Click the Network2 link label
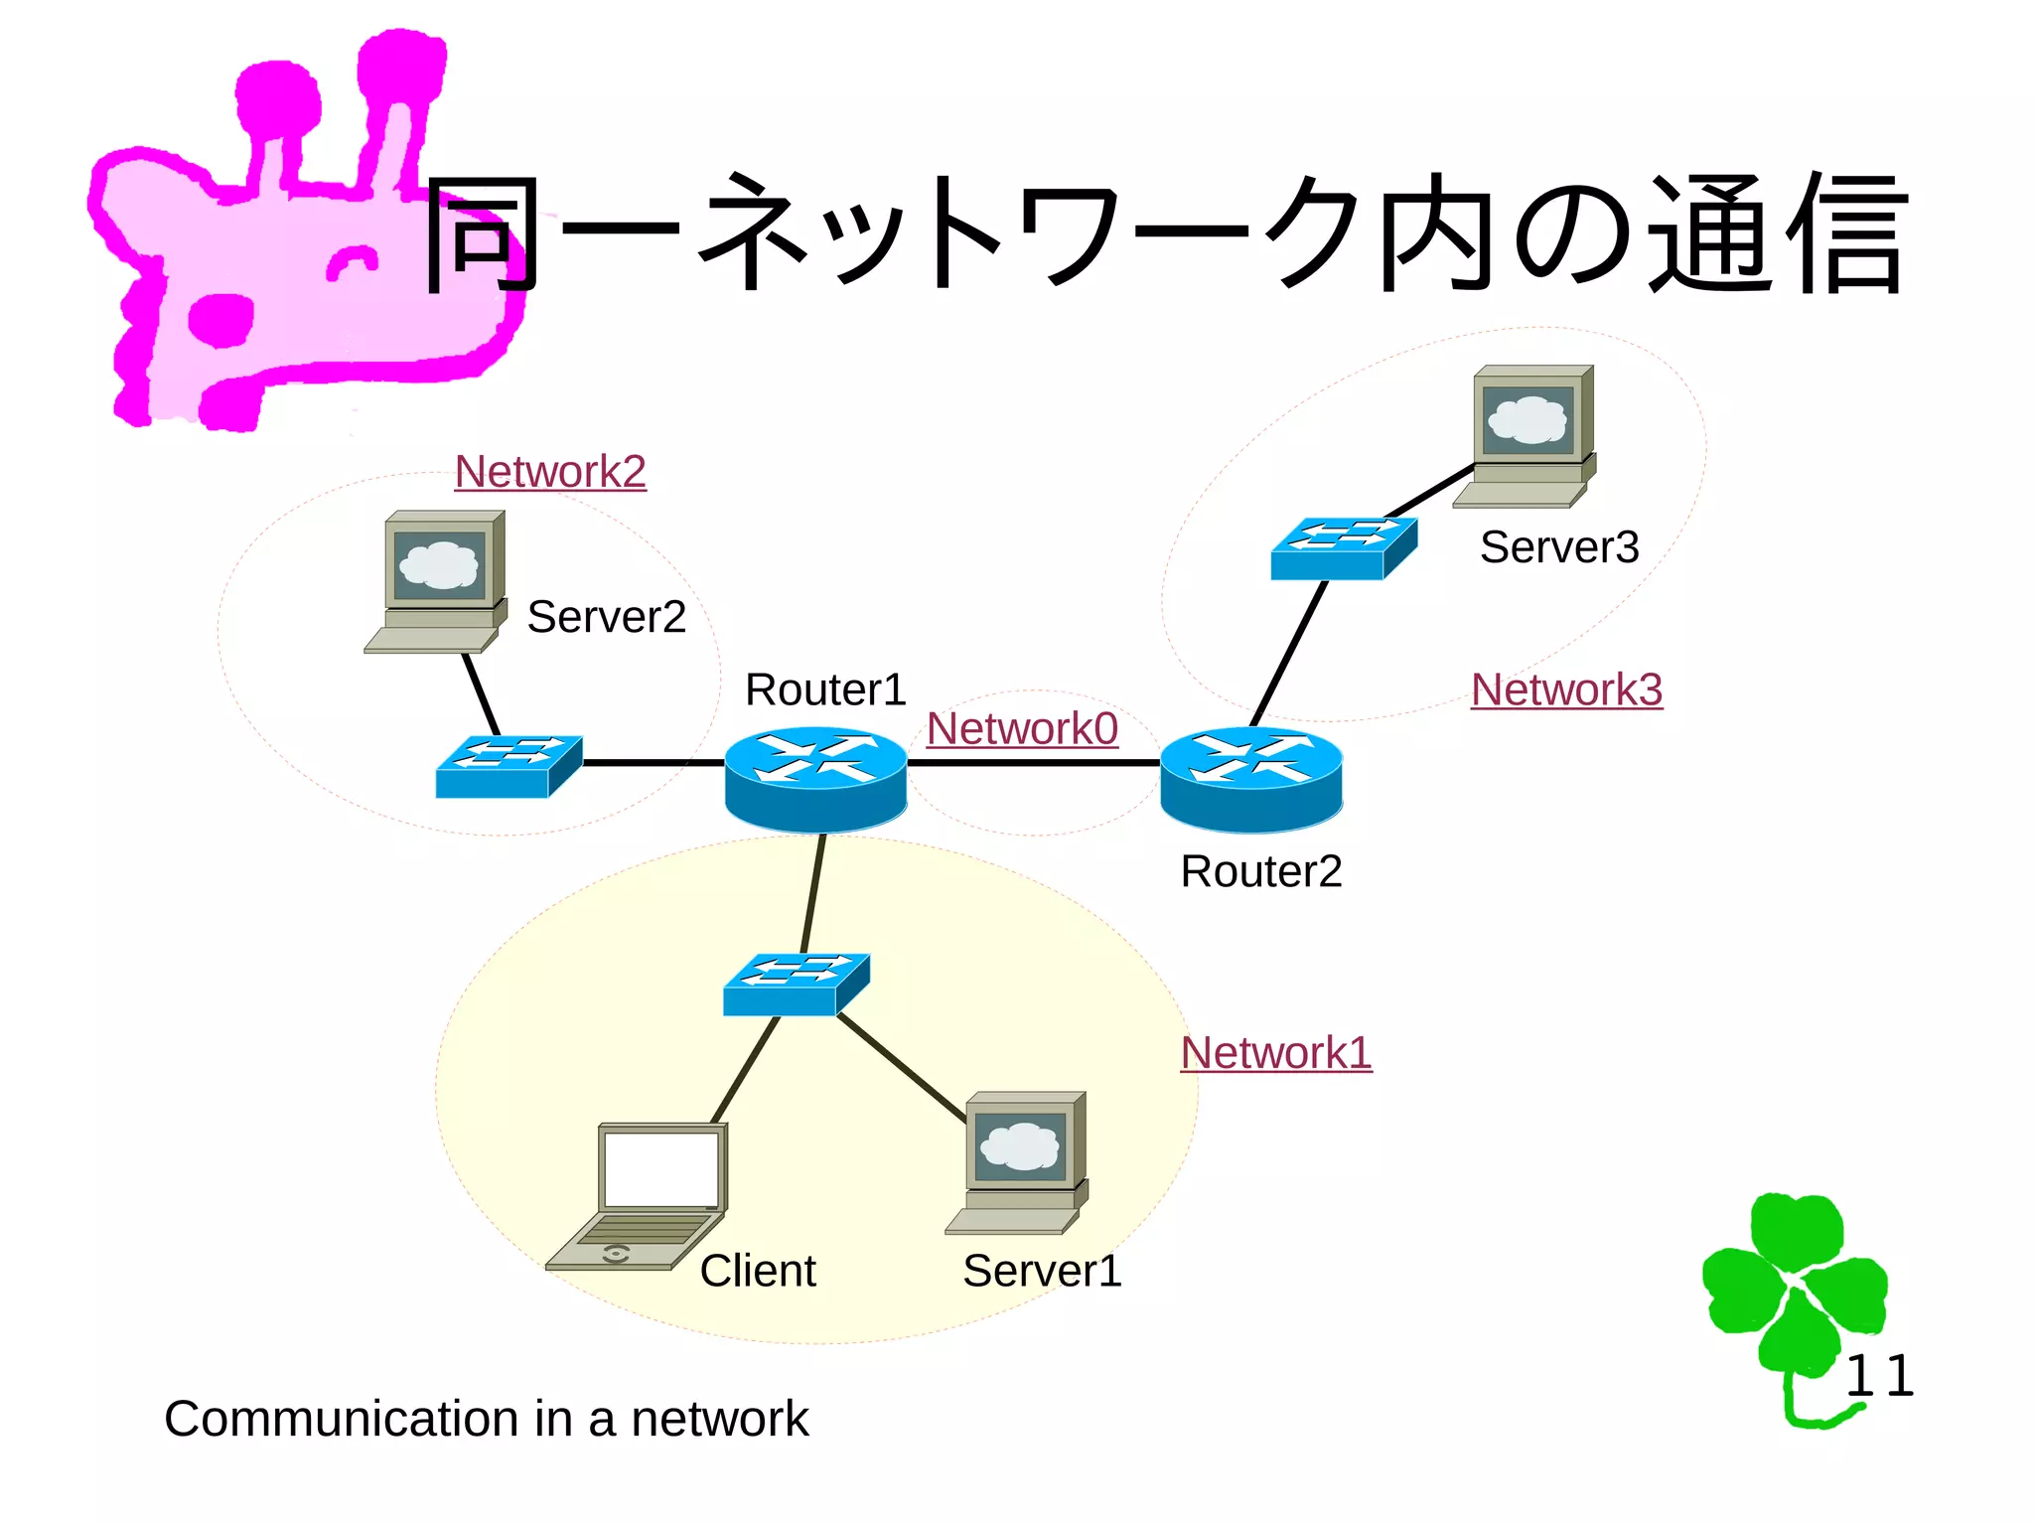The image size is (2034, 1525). click(550, 472)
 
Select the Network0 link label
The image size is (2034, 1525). click(1022, 729)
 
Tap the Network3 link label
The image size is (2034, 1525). click(1566, 689)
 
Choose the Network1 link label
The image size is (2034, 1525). click(1276, 1053)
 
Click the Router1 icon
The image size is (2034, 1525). click(815, 778)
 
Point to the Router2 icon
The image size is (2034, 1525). click(1251, 778)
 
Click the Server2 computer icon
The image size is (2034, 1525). click(437, 581)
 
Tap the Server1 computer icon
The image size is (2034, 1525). click(1019, 1162)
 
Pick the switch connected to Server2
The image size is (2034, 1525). click(508, 766)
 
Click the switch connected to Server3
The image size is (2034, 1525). click(1344, 548)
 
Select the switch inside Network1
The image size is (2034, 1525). click(796, 985)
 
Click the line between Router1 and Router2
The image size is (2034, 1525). click(1033, 763)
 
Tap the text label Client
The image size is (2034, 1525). click(758, 1271)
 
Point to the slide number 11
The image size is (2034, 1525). click(1879, 1377)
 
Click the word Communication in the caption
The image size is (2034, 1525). click(343, 1419)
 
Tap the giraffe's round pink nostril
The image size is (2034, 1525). click(220, 320)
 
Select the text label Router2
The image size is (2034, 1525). click(1260, 871)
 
